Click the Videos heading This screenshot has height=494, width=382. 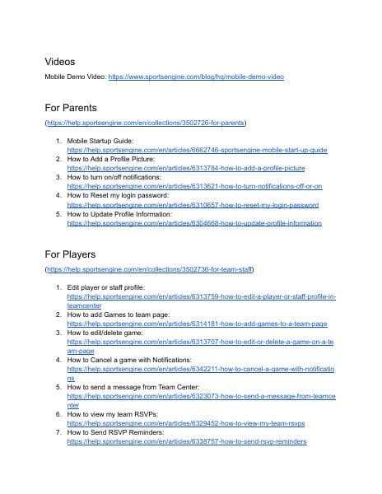pyautogui.click(x=60, y=62)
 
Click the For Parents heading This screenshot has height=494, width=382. pyautogui.click(x=71, y=107)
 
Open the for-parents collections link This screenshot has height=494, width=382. pyautogui.click(x=147, y=122)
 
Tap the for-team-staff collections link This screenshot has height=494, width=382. pyautogui.click(x=150, y=268)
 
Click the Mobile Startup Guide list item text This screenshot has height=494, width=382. pyautogui.click(x=100, y=141)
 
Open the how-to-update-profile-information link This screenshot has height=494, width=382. pyautogui.click(x=194, y=222)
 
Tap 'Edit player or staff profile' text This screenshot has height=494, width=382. pyautogui.click(x=106, y=287)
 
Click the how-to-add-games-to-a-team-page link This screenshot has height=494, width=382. pyautogui.click(x=197, y=324)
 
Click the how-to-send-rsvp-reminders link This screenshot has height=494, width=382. pyautogui.click(x=187, y=441)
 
